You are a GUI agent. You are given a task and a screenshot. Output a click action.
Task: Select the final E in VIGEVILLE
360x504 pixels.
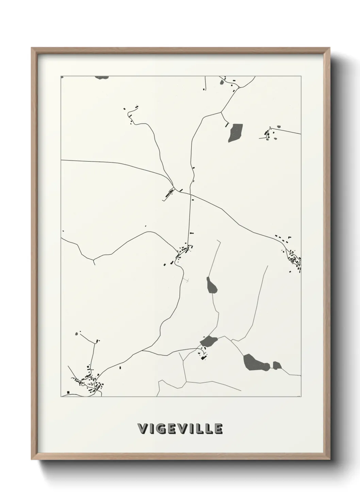(218, 429)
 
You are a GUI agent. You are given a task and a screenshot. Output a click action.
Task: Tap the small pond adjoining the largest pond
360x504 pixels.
(277, 365)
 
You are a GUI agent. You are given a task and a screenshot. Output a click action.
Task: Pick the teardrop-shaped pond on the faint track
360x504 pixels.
(212, 285)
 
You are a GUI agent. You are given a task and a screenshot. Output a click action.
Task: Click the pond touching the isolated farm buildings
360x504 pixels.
(209, 341)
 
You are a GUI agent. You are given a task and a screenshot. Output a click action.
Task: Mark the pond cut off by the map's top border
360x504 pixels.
(102, 78)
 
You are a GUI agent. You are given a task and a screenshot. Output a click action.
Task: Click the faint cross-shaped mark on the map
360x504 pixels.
(187, 280)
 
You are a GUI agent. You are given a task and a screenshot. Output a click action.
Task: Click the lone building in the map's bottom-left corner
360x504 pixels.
(68, 392)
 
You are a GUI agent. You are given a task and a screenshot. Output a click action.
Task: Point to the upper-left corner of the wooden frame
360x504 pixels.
(32, 48)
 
